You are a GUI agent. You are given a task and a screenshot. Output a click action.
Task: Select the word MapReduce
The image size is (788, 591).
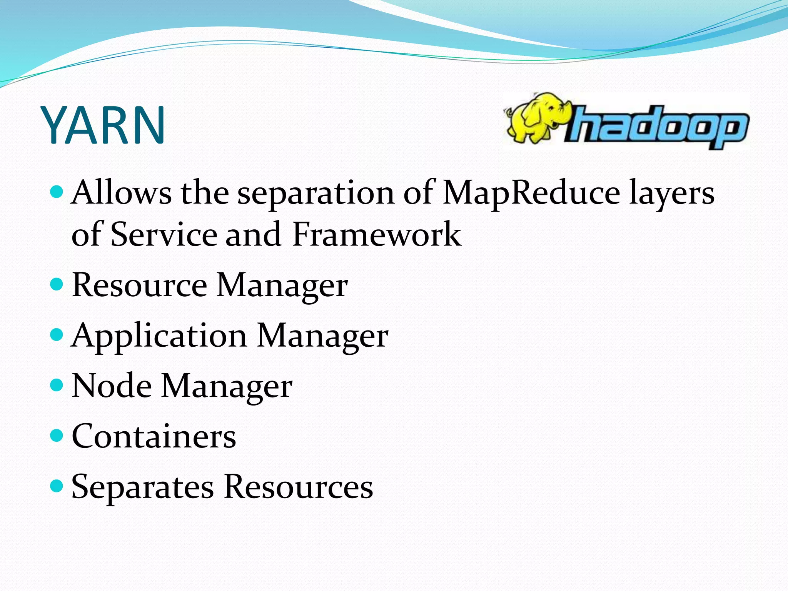[531, 193]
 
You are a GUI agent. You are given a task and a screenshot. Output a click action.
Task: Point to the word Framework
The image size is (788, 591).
[376, 234]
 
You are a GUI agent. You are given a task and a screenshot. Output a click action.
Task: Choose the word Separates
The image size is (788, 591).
[142, 487]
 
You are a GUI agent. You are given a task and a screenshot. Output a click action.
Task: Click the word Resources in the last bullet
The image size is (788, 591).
[298, 486]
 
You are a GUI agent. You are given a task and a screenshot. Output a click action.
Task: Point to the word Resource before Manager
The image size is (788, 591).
[139, 285]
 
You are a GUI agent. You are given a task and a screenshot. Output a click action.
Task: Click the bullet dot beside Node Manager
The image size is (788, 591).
[57, 385]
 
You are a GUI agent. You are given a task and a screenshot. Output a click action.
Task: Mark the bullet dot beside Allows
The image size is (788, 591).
[57, 191]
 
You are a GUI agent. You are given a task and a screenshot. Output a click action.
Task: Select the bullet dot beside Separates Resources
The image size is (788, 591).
[57, 486]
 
